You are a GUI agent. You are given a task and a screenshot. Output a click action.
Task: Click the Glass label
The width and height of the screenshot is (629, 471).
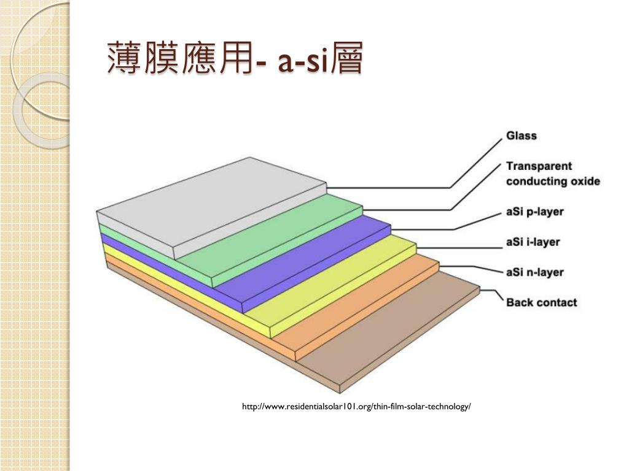pos(521,136)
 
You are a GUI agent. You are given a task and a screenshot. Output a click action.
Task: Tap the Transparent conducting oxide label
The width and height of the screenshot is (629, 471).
pos(552,174)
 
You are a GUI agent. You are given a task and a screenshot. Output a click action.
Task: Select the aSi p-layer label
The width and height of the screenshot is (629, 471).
pos(534,212)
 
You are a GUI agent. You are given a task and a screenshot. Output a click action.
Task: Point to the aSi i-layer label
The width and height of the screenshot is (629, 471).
pos(533,242)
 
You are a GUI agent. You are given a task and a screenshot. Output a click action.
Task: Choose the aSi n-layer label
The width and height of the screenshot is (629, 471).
pos(534,272)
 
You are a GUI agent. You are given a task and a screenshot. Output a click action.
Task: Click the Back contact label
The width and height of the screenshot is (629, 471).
pos(541,302)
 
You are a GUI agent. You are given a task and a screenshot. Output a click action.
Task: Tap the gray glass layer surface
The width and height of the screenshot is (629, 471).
pos(209,202)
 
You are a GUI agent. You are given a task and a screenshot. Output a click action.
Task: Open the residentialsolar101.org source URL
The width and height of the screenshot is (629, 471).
pos(356,407)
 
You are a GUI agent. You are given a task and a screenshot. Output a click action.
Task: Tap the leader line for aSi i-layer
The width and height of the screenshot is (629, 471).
pos(467,248)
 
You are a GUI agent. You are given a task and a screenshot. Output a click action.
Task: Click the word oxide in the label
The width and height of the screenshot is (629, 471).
pos(583,182)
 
